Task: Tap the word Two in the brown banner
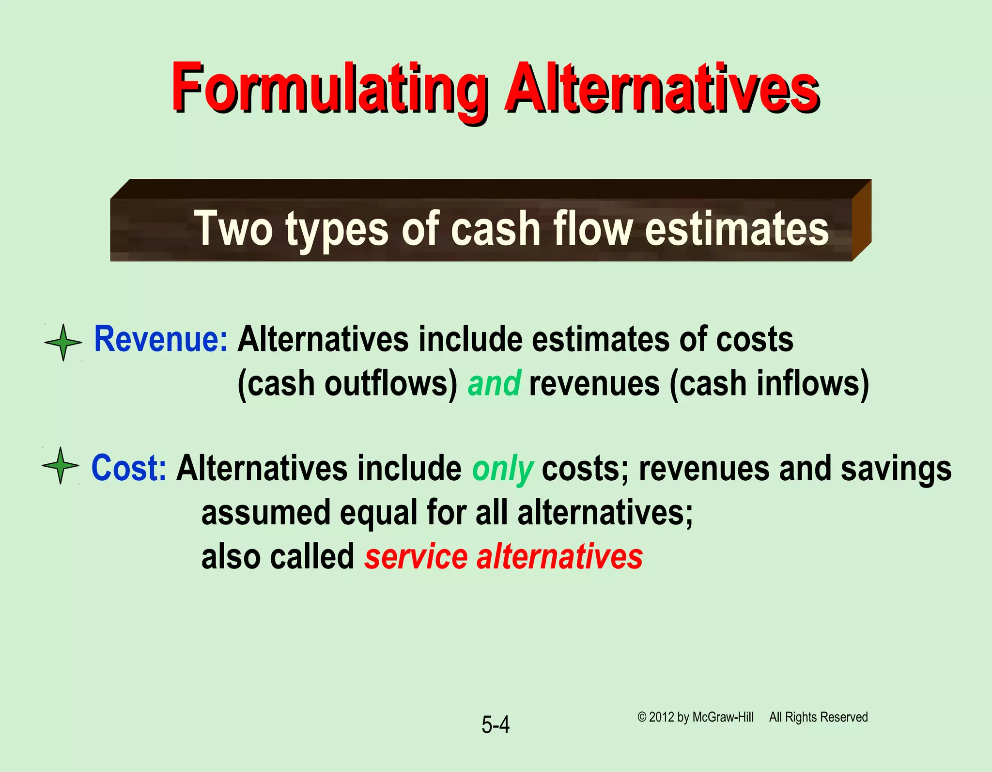click(x=233, y=229)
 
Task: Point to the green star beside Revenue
click(x=63, y=343)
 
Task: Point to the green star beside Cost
click(x=61, y=465)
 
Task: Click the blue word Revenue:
click(x=160, y=339)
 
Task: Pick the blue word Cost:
click(x=129, y=468)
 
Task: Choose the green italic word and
click(x=494, y=383)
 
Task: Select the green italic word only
click(x=502, y=469)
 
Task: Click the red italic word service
click(x=416, y=556)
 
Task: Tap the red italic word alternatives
click(x=559, y=556)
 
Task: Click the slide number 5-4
click(x=495, y=725)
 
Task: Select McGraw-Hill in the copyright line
click(x=723, y=717)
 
